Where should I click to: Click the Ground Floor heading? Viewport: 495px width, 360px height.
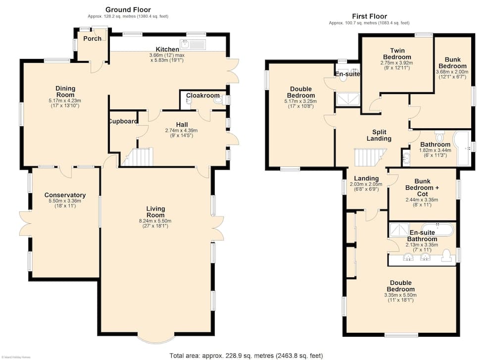[128, 9]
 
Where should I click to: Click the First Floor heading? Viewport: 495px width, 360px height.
[369, 16]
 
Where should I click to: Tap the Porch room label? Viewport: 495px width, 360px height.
[92, 39]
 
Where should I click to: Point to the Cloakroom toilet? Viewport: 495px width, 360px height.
[218, 101]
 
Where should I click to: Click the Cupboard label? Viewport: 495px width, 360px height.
[123, 121]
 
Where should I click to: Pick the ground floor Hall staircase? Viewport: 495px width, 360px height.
[137, 157]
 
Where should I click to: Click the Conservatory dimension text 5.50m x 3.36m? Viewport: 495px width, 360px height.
[65, 201]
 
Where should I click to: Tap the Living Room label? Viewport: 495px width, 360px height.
[155, 211]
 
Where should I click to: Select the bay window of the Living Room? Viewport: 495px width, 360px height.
[156, 339]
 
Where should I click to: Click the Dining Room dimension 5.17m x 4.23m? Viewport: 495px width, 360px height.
[65, 101]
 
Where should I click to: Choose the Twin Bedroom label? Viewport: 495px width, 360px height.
[397, 53]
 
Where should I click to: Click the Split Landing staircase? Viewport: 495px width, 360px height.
[370, 157]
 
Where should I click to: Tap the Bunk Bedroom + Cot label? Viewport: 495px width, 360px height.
[422, 188]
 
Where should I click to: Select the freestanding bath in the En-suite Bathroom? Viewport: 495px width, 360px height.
[438, 229]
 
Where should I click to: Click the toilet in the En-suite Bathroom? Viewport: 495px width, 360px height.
[446, 256]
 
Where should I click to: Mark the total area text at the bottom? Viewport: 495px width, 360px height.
[246, 356]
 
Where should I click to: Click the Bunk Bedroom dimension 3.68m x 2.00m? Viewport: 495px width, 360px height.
[452, 72]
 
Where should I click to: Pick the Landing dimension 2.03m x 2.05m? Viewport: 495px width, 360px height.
[366, 184]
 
